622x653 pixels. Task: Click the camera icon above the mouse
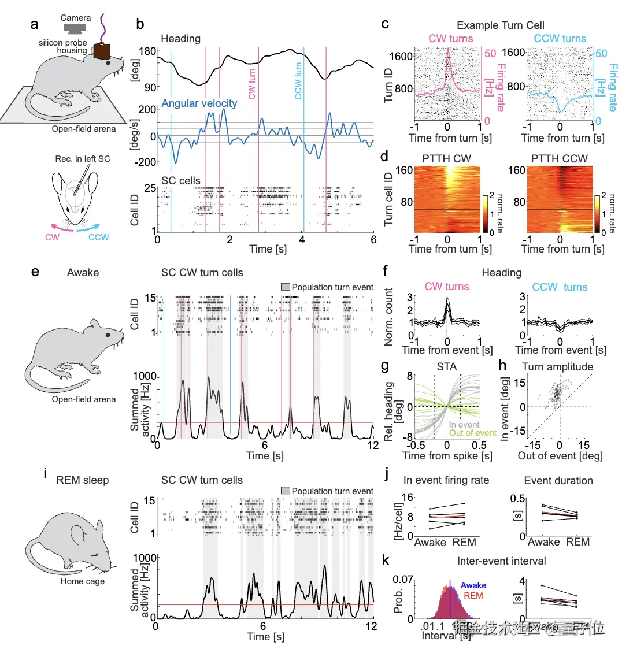pyautogui.click(x=75, y=28)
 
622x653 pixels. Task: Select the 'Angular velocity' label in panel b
pyautogui.click(x=199, y=103)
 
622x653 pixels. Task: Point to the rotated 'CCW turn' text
pyautogui.click(x=298, y=81)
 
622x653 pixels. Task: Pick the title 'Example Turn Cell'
pyautogui.click(x=500, y=25)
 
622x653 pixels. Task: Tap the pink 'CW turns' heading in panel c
pyautogui.click(x=450, y=39)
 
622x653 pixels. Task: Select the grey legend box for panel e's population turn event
pyautogui.click(x=285, y=287)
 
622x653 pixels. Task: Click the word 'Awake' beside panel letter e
pyautogui.click(x=83, y=272)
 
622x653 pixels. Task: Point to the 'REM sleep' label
pyautogui.click(x=82, y=480)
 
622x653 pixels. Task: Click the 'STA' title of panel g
pyautogui.click(x=447, y=366)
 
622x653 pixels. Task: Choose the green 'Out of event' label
pyautogui.click(x=472, y=432)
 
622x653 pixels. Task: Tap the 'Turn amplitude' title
pyautogui.click(x=557, y=367)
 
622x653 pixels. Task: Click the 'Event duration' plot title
pyautogui.click(x=558, y=480)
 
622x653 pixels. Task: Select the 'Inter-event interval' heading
pyautogui.click(x=501, y=561)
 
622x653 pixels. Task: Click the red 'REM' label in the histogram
pyautogui.click(x=473, y=595)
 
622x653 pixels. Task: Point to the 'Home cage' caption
pyautogui.click(x=83, y=581)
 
